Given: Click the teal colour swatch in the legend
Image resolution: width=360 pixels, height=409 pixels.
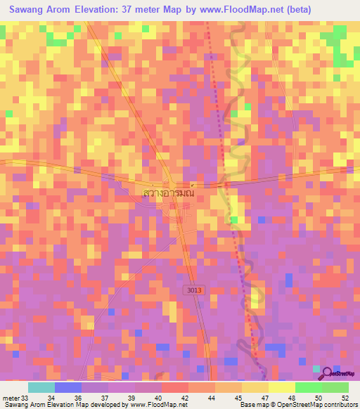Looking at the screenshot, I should [x=41, y=387].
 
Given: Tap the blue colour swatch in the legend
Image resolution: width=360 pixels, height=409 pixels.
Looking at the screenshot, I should [x=68, y=387].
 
